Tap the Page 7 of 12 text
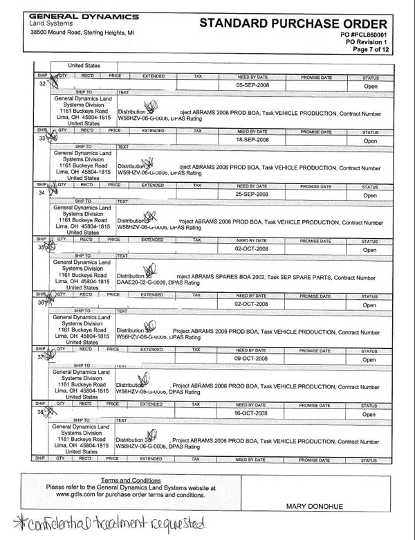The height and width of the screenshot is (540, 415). pyautogui.click(x=371, y=50)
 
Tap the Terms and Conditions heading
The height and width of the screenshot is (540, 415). pyautogui.click(x=131, y=480)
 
